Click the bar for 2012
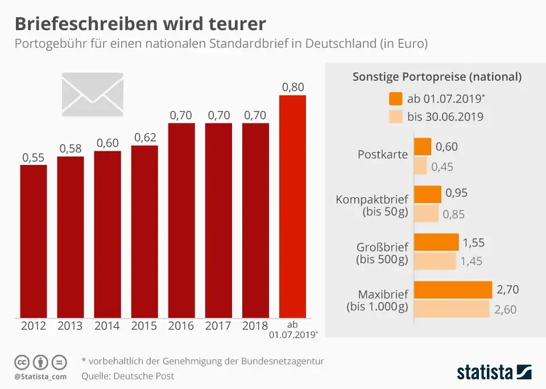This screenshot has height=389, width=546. (x=34, y=241)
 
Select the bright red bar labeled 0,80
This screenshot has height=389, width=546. (x=293, y=206)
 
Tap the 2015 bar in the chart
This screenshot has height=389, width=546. (x=144, y=231)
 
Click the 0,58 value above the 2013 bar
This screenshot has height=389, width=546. (x=71, y=148)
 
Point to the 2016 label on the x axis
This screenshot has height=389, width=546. (x=181, y=326)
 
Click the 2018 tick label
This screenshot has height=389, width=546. (x=255, y=326)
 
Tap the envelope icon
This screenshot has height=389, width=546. (x=92, y=92)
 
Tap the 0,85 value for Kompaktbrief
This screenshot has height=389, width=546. (x=454, y=214)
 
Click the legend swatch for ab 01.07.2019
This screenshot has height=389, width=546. (x=396, y=98)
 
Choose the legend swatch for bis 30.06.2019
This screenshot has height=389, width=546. (x=396, y=117)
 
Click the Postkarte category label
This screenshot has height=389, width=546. (x=383, y=155)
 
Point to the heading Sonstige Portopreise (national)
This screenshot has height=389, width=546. (x=437, y=77)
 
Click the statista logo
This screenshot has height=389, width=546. (x=494, y=373)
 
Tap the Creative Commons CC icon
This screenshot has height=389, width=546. (x=22, y=362)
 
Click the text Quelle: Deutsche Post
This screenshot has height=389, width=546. (x=128, y=376)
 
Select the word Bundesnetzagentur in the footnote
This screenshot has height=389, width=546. (x=287, y=361)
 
